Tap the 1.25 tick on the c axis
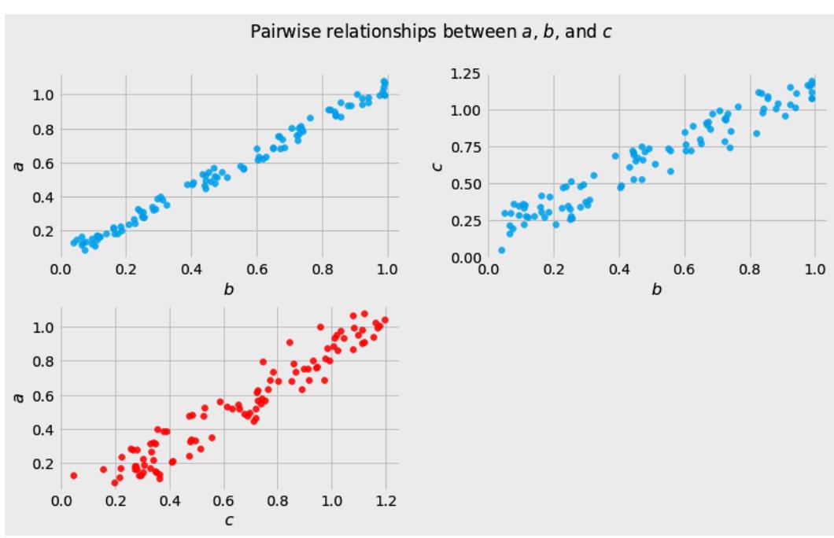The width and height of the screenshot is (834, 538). (460, 75)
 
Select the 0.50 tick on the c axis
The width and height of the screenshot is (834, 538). (460, 184)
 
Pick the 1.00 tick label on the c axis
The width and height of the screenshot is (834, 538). (460, 111)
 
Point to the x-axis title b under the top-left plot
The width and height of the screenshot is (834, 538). (229, 289)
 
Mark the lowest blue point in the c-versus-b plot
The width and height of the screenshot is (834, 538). (501, 250)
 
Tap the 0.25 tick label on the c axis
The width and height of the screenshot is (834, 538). (460, 221)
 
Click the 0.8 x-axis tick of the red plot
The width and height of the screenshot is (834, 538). (278, 500)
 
